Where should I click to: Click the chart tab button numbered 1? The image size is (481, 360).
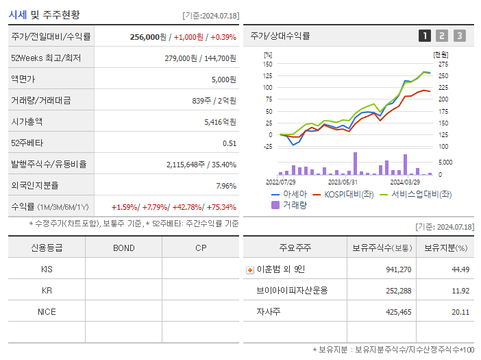coord(425,36)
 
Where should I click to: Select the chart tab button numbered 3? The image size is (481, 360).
coord(459,36)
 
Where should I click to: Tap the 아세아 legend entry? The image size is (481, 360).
coord(290,195)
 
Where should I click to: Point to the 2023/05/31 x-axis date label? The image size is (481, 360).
coord(343,182)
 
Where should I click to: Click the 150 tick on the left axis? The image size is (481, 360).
coord(268,64)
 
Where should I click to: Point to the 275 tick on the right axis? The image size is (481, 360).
coord(443,64)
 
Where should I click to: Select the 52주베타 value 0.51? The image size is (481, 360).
coord(230,143)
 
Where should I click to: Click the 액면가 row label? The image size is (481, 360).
coord(23,80)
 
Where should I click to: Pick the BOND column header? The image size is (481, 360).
coord(123,248)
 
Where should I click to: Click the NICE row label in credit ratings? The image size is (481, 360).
coord(47,312)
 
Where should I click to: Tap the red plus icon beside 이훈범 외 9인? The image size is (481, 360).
coord(250,270)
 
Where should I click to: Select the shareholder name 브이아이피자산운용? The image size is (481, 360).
coord(293,291)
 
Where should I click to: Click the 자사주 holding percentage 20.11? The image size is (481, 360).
coord(460,312)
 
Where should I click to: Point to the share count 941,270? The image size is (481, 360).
coord(397,270)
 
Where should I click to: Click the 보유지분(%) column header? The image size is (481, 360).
coord(445,248)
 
